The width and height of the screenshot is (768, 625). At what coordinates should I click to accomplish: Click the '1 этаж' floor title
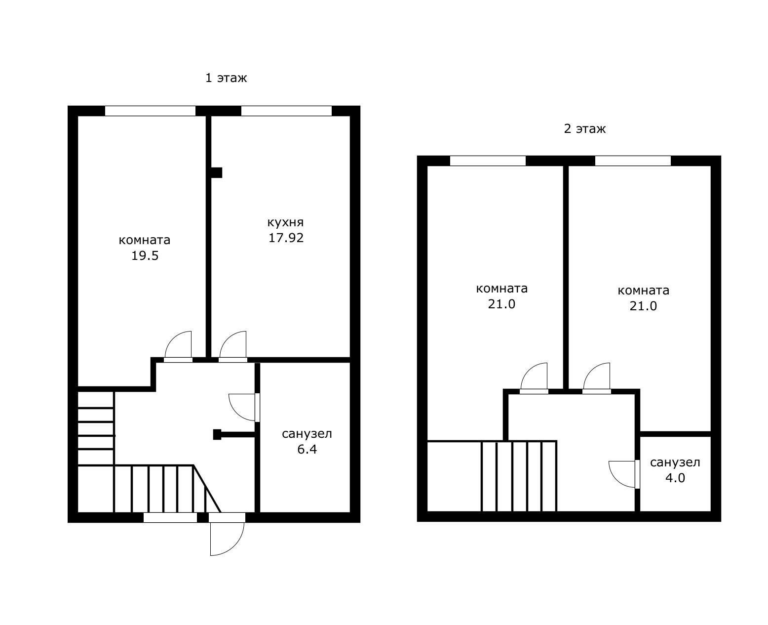pyautogui.click(x=226, y=78)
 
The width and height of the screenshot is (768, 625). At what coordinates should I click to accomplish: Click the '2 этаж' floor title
pyautogui.click(x=584, y=129)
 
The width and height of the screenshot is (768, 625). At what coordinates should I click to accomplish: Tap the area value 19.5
pyautogui.click(x=145, y=255)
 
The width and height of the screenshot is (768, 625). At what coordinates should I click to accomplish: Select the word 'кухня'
pyautogui.click(x=285, y=222)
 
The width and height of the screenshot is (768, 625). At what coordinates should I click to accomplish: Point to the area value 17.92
pyautogui.click(x=286, y=238)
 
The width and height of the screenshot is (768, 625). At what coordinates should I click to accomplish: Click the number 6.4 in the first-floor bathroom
pyautogui.click(x=307, y=449)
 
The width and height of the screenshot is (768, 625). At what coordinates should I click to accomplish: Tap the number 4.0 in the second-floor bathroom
pyautogui.click(x=675, y=478)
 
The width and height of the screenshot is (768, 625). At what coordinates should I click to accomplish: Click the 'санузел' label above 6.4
pyautogui.click(x=307, y=434)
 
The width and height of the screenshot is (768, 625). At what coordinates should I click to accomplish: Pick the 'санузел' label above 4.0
pyautogui.click(x=675, y=462)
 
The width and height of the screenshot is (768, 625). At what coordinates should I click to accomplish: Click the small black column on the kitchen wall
pyautogui.click(x=216, y=172)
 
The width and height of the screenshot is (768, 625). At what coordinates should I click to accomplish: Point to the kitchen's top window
pyautogui.click(x=286, y=111)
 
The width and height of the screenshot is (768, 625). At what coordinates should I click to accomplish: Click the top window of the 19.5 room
pyautogui.click(x=150, y=111)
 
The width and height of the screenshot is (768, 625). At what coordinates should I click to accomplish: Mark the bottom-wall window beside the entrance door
pyautogui.click(x=170, y=517)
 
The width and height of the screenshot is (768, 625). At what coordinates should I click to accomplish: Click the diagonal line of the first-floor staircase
pyautogui.click(x=207, y=489)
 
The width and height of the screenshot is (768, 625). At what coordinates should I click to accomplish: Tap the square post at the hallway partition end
pyautogui.click(x=217, y=434)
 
